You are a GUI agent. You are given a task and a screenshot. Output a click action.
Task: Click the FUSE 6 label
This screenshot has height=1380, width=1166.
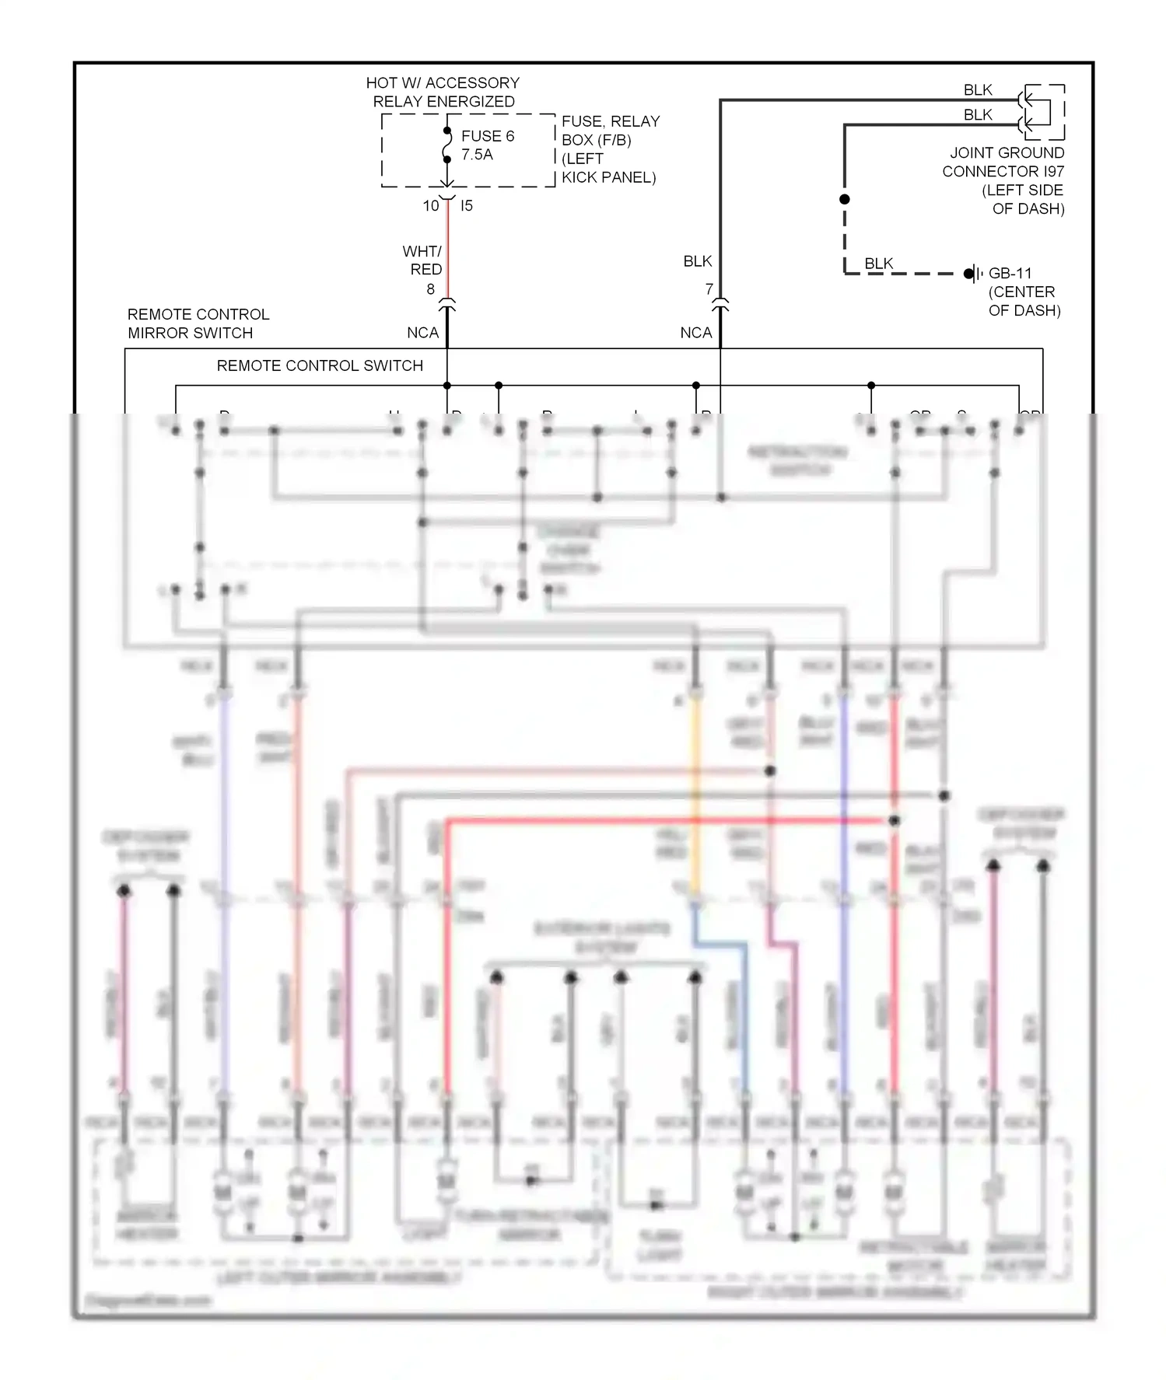click(487, 136)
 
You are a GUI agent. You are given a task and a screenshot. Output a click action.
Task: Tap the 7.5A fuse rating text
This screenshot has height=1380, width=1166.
click(477, 155)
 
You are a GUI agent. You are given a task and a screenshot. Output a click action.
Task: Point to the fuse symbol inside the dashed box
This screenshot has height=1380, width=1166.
click(447, 145)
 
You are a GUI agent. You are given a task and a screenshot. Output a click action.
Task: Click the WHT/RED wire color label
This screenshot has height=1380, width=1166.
click(422, 260)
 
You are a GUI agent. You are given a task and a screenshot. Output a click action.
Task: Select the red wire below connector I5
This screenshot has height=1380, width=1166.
click(447, 249)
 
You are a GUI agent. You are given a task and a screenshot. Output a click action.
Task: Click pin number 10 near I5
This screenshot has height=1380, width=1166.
click(431, 206)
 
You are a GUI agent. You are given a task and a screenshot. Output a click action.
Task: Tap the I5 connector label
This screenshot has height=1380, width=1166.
click(467, 206)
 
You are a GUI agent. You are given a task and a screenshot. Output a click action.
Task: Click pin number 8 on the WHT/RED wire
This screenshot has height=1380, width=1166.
click(430, 289)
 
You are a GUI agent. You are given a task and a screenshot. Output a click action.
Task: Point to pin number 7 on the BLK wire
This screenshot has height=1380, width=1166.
click(709, 289)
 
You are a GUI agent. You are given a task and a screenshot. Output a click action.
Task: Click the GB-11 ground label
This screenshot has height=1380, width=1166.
click(1010, 274)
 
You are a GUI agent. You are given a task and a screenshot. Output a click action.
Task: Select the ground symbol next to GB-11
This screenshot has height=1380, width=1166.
click(972, 274)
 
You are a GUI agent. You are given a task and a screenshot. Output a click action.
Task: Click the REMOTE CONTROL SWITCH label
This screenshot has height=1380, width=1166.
click(320, 365)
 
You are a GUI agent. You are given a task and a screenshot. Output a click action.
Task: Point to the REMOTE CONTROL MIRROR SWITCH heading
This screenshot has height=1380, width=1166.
click(198, 323)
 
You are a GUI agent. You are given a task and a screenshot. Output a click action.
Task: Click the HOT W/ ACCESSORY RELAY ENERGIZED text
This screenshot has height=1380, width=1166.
click(443, 92)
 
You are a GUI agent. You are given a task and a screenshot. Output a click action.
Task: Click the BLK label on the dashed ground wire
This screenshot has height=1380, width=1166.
click(879, 264)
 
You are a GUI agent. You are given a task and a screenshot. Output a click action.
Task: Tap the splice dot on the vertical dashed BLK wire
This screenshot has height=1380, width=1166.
click(845, 199)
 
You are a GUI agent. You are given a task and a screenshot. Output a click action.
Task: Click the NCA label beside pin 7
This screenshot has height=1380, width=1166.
click(695, 333)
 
